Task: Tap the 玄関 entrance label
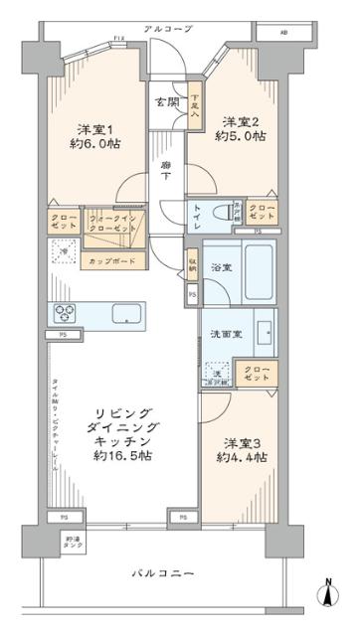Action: [166, 102]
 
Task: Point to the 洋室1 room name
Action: [95, 130]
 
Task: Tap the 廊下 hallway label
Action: [166, 171]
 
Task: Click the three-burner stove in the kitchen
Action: [66, 315]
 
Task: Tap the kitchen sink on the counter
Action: [127, 315]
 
